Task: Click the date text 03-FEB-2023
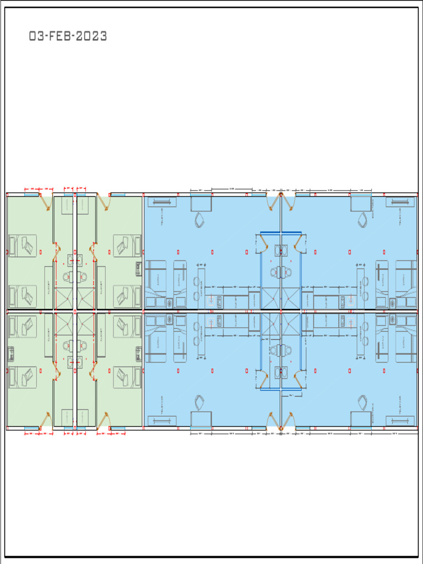(x=68, y=37)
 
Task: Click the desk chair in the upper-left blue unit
(x=199, y=220)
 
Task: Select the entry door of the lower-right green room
(x=102, y=420)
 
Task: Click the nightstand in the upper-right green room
(x=138, y=268)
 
